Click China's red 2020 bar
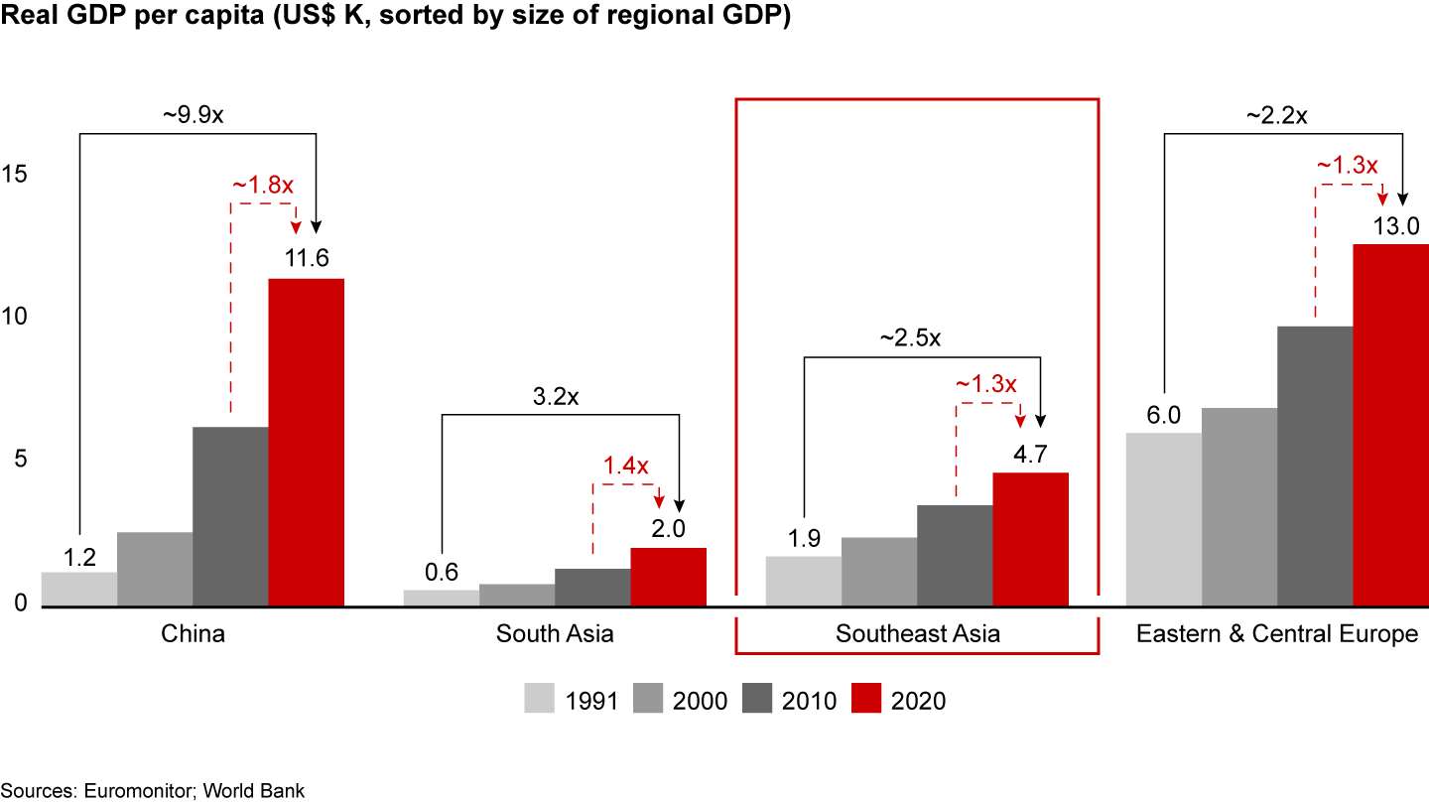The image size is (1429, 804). (306, 442)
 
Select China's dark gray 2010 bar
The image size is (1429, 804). (230, 516)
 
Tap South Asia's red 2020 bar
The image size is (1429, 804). (668, 576)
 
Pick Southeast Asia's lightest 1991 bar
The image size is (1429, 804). (803, 581)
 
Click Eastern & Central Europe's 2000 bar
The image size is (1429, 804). (1238, 506)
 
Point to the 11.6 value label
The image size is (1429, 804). (307, 260)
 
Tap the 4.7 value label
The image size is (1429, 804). (1031, 455)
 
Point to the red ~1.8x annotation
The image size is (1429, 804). (263, 186)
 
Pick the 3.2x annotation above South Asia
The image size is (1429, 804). (555, 397)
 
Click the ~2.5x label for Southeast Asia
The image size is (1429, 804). (910, 338)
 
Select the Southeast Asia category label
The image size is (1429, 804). (917, 634)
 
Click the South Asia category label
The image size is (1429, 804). (555, 634)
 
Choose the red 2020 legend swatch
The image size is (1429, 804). (868, 700)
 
